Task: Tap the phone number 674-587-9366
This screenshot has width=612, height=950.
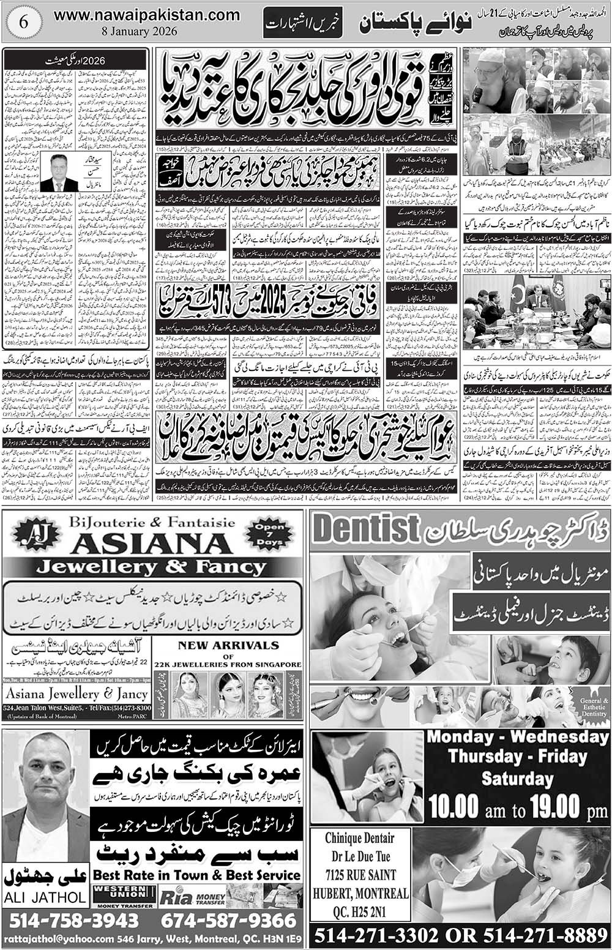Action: point(229,920)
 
